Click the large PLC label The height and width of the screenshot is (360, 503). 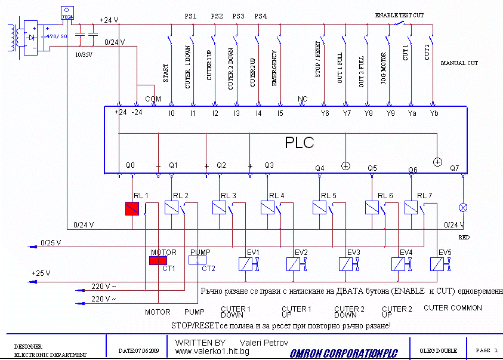pos(299,143)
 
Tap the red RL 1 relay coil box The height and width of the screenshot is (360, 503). pos(132,208)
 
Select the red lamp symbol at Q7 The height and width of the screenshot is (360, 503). pos(462,207)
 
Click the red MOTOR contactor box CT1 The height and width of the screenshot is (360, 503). pos(158,260)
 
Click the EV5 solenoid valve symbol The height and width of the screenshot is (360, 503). pos(441,263)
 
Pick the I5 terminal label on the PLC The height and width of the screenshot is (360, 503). pos(280,112)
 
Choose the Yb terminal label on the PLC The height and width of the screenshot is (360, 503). pos(434,112)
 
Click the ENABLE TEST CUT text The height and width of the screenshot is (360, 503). pos(399,15)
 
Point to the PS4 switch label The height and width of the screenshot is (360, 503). pos(260,16)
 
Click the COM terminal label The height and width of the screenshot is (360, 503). pos(153,98)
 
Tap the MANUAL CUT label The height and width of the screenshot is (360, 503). pos(459,63)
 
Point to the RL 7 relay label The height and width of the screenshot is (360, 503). pos(425,195)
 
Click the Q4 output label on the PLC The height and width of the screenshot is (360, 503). pos(320,168)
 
